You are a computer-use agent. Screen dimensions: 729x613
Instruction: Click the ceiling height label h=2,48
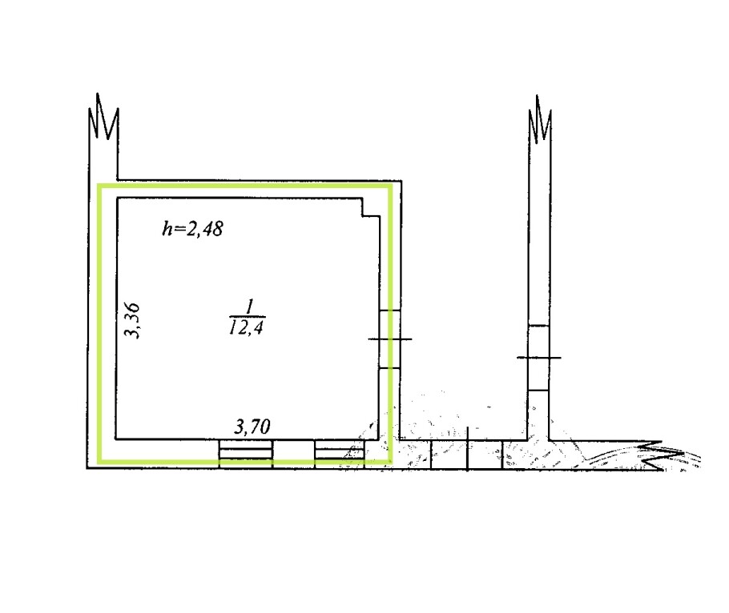click(192, 229)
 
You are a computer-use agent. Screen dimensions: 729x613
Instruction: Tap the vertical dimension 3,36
click(132, 321)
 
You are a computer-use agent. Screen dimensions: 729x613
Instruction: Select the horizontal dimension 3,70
click(252, 427)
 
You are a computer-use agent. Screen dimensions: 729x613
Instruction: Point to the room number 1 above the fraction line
click(250, 307)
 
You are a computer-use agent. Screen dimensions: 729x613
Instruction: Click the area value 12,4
click(247, 328)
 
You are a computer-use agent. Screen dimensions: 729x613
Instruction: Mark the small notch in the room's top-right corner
click(371, 207)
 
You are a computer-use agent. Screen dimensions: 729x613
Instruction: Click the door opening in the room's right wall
click(390, 339)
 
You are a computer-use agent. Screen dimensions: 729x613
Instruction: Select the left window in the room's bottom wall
click(245, 453)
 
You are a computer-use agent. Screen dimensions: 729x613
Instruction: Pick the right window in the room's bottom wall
click(340, 453)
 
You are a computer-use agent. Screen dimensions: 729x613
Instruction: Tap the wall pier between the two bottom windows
click(293, 453)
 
